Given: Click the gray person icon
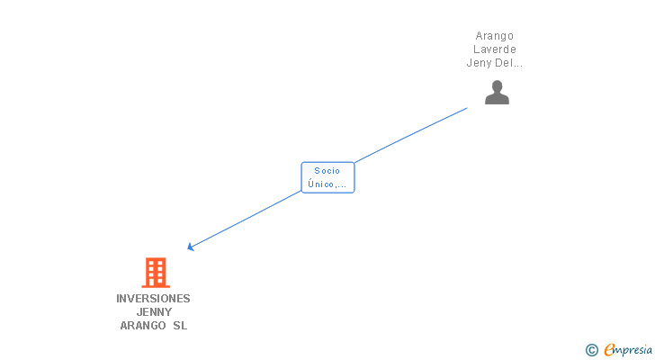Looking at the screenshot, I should pyautogui.click(x=497, y=94).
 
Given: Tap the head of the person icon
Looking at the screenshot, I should pyautogui.click(x=497, y=86).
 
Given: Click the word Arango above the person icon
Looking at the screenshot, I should pyautogui.click(x=495, y=36).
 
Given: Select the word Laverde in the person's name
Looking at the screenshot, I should pyautogui.click(x=495, y=49).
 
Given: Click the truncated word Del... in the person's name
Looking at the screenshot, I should pyautogui.click(x=509, y=63).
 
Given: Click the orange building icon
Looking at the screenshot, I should pyautogui.click(x=156, y=273).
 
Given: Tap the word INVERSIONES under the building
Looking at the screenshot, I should pyautogui.click(x=153, y=298).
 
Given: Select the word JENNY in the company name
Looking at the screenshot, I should pyautogui.click(x=153, y=312).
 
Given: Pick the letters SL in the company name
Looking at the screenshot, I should pyautogui.click(x=180, y=326).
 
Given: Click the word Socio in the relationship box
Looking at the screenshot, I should pyautogui.click(x=327, y=170).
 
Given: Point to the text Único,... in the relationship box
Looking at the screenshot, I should pyautogui.click(x=327, y=184).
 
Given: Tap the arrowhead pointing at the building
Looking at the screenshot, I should pyautogui.click(x=191, y=246).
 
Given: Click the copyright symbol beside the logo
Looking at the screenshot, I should pyautogui.click(x=591, y=350).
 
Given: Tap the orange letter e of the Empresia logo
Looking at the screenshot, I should pyautogui.click(x=609, y=350).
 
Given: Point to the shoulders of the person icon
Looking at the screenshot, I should pyautogui.click(x=497, y=99).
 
